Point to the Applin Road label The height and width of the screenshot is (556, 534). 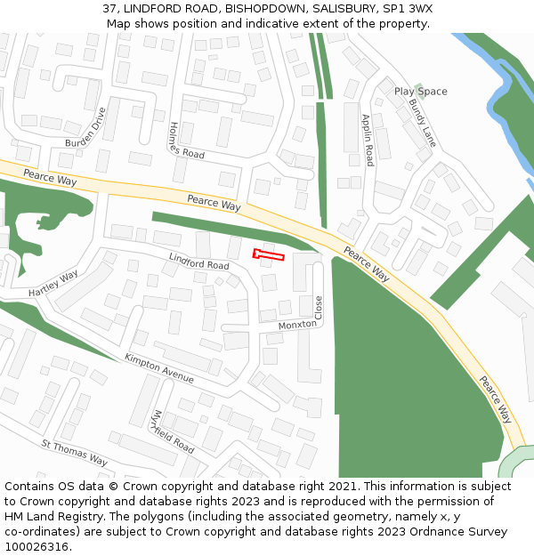coord(367,140)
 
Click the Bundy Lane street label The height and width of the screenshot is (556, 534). coord(422,123)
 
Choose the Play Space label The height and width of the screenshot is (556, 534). coord(420,92)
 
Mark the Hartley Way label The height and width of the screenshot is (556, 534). coord(53,284)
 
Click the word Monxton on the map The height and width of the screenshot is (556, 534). coord(296,326)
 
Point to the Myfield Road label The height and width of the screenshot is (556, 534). coord(173,431)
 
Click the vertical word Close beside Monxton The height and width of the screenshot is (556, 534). coord(319,308)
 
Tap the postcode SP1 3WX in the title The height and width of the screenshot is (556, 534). coord(409,8)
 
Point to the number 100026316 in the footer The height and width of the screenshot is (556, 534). coord(38,546)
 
